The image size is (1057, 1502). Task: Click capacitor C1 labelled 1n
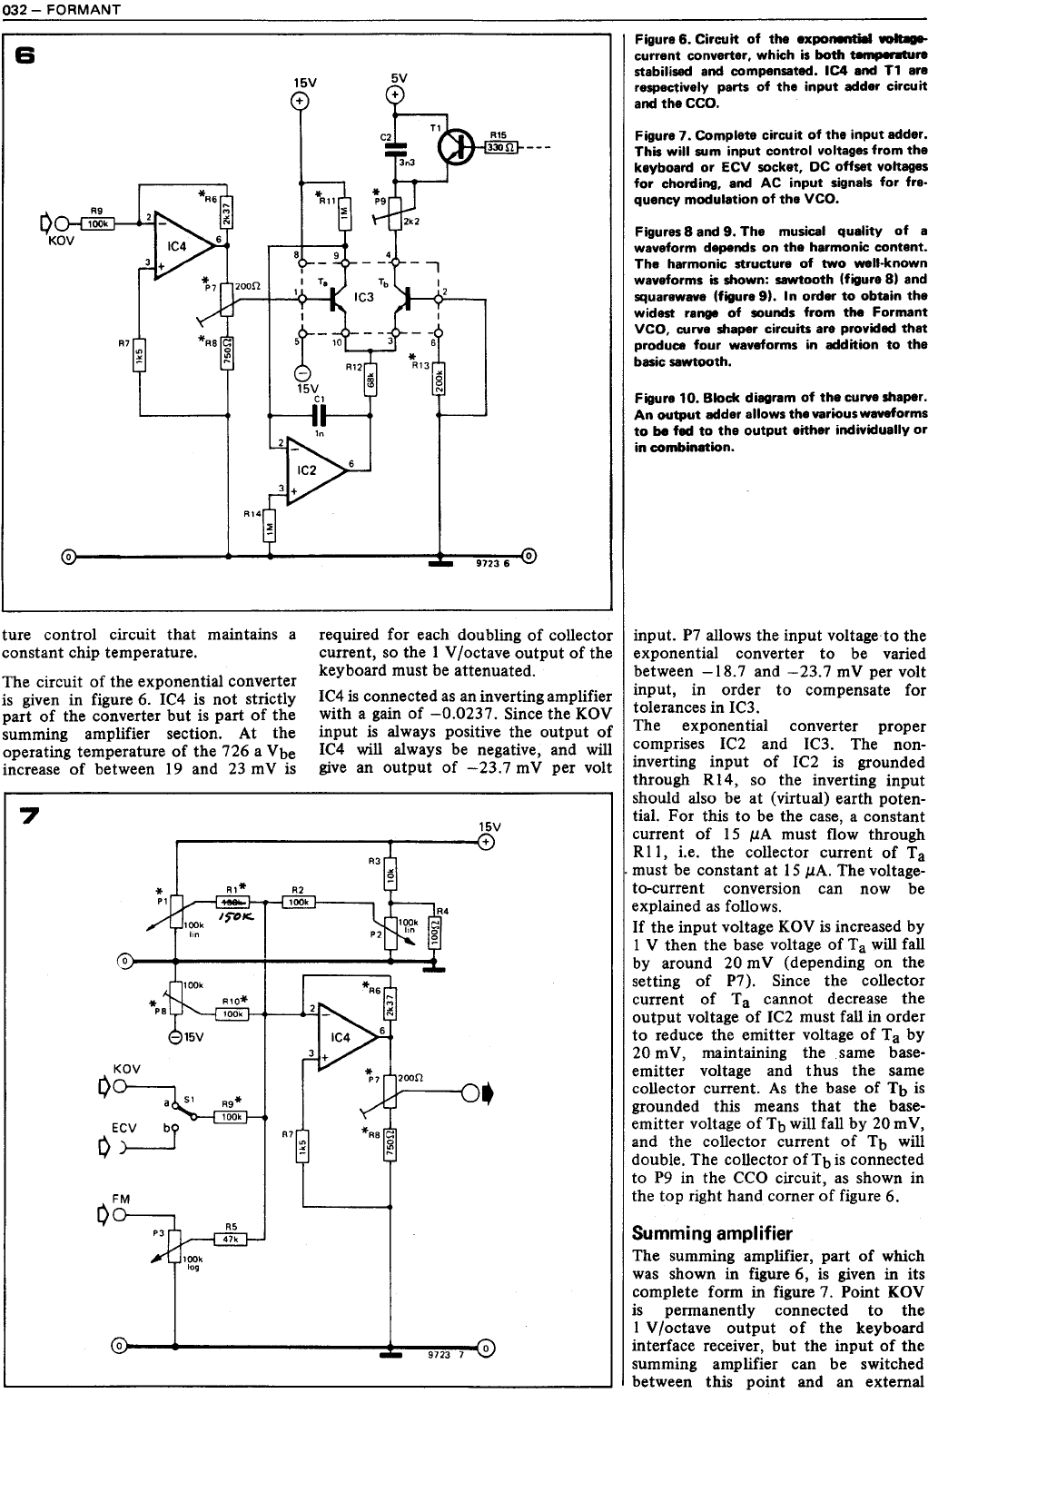318,415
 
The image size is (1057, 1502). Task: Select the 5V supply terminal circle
396,94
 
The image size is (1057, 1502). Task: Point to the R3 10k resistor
389,874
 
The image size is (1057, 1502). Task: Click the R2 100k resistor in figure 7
299,902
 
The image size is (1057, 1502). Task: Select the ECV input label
123,1127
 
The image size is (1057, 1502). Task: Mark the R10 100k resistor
234,1014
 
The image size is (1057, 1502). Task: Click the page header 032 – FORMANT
61,10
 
